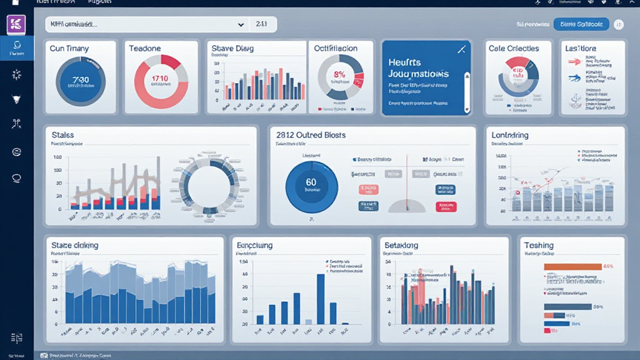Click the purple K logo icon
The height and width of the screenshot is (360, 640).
[x=16, y=24]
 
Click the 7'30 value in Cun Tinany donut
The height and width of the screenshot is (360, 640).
[x=81, y=80]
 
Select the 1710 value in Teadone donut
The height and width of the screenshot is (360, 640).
[x=161, y=79]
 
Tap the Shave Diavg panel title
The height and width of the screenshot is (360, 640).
[x=232, y=48]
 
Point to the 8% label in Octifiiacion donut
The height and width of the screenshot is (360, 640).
[x=340, y=74]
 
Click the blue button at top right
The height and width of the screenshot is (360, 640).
[x=581, y=24]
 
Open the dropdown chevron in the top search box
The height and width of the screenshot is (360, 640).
[x=241, y=24]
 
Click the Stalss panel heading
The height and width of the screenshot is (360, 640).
[x=63, y=135]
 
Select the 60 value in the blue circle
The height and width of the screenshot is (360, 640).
[x=311, y=182]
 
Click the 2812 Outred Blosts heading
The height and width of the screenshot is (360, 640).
[x=311, y=135]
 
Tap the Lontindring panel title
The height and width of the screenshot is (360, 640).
[x=510, y=135]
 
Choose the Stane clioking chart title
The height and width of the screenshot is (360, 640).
[x=74, y=246]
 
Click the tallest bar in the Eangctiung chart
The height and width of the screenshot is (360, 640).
[x=321, y=299]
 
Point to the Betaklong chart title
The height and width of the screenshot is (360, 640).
[x=401, y=246]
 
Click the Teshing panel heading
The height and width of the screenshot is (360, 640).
[x=539, y=246]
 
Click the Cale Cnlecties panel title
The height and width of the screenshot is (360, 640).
[x=514, y=48]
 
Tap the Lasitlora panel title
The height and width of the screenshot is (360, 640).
[x=581, y=48]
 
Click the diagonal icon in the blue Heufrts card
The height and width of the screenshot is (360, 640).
[x=462, y=49]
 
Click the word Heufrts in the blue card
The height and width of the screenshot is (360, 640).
[x=404, y=62]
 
